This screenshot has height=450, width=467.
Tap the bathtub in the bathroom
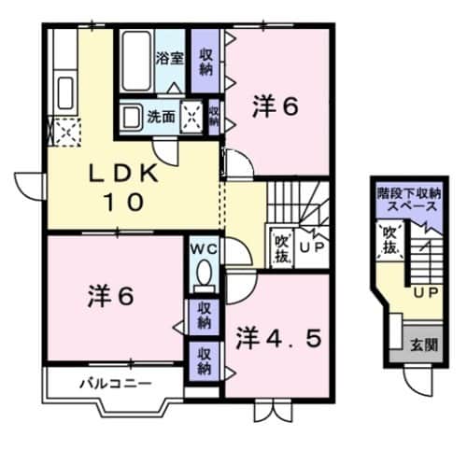click(135, 59)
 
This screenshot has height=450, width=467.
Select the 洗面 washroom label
click(161, 117)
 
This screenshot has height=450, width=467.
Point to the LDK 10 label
click(117, 187)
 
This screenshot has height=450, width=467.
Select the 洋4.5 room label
click(278, 334)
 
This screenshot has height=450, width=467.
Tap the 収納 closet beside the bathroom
click(205, 62)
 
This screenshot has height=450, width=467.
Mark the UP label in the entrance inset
click(425, 292)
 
